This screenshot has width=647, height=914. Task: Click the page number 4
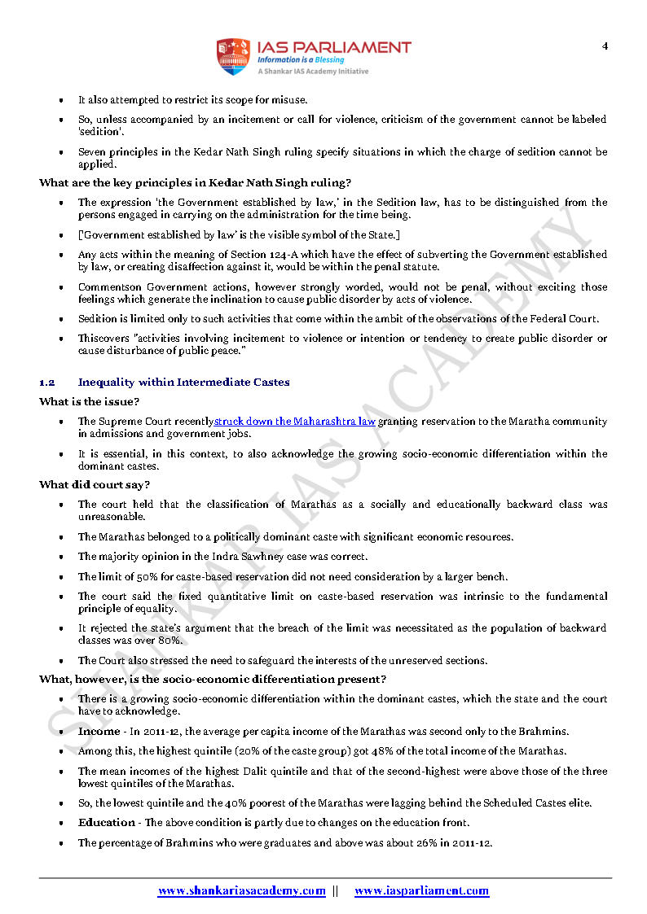(x=605, y=46)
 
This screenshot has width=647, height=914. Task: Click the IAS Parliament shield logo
(x=232, y=56)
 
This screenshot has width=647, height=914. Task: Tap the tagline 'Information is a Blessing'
(x=300, y=59)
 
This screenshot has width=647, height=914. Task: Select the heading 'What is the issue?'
(x=89, y=401)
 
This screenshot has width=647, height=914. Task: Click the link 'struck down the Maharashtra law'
(x=295, y=422)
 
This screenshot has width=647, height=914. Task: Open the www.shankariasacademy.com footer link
(x=241, y=891)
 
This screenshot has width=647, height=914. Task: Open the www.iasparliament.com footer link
(x=421, y=891)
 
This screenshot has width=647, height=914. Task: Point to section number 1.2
(x=46, y=382)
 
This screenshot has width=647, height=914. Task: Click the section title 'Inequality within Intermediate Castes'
(x=183, y=382)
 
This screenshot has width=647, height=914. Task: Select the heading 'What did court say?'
(x=95, y=485)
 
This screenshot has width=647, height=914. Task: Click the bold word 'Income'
(x=99, y=731)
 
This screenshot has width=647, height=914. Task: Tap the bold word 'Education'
(x=107, y=823)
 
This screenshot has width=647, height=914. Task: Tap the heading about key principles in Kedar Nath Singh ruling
(x=195, y=182)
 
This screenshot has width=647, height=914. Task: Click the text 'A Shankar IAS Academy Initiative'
(x=313, y=72)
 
